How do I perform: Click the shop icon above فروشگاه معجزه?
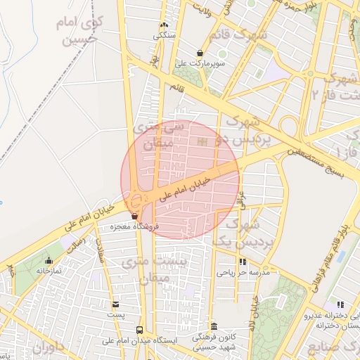click(x=134, y=217)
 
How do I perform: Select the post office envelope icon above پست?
click(x=115, y=304)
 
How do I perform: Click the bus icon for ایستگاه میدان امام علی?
click(x=139, y=329)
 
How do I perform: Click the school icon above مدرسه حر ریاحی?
click(x=243, y=262)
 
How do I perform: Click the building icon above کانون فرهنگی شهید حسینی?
click(x=214, y=326)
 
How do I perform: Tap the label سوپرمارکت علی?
click(x=201, y=63)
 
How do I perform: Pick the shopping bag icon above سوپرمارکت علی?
click(x=200, y=53)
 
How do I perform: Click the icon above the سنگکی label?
click(x=164, y=25)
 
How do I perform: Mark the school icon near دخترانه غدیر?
click(x=340, y=304)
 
